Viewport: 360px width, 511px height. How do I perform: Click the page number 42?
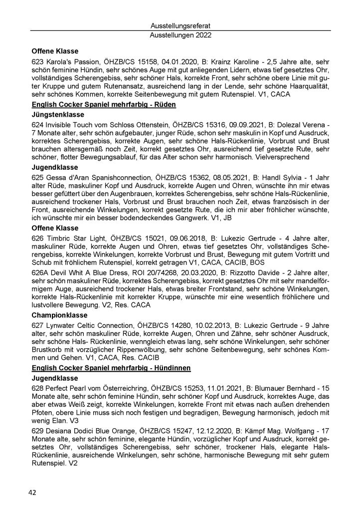coord(32,493)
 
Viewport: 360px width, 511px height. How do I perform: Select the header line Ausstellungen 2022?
coord(180,35)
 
